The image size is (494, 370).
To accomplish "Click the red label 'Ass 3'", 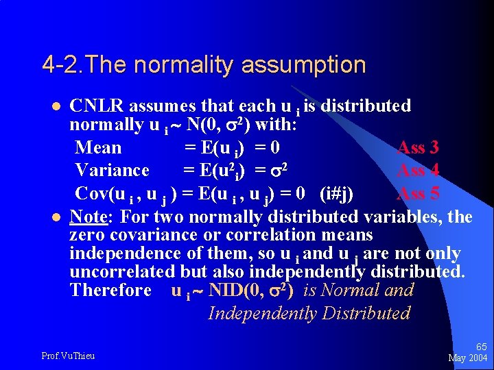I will coord(418,147).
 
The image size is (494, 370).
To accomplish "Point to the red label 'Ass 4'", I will coord(418,170).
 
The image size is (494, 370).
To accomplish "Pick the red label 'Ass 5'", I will coord(418,193).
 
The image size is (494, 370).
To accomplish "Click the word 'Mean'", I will coord(98,147).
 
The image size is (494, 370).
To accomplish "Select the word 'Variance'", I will coord(112,170).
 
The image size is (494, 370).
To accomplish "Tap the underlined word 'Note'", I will coord(88,217).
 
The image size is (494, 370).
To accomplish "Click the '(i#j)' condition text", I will coord(336,194).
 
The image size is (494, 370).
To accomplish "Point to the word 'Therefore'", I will coord(110,290).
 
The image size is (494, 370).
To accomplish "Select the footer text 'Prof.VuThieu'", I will coord(68,356).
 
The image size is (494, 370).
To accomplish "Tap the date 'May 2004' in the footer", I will coord(467,358).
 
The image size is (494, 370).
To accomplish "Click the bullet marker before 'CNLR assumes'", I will coord(56,107).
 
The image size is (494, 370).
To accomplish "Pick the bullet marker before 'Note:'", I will coord(56,218).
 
